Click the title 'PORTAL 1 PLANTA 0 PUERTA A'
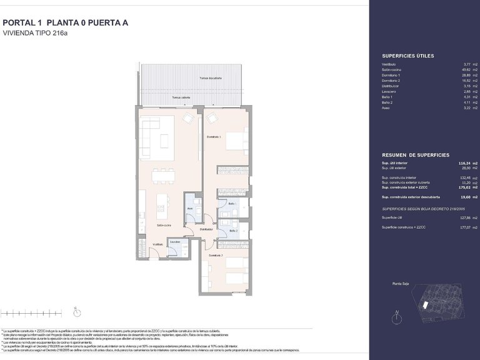(74, 23)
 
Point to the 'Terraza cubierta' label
(182, 99)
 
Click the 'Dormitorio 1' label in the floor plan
(214, 136)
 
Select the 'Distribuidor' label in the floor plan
(207, 229)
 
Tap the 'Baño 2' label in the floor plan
(233, 231)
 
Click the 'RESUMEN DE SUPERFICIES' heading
(412, 154)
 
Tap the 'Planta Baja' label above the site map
(401, 283)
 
